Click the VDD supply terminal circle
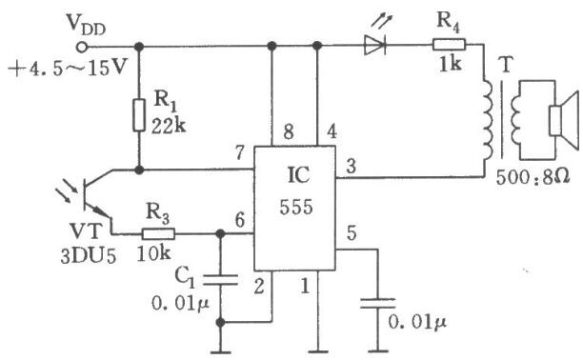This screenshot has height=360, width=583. (81, 48)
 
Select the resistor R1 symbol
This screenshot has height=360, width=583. (139, 115)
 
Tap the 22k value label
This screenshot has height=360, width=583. (169, 127)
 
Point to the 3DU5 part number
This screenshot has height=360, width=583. (89, 256)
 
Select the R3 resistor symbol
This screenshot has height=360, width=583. (158, 234)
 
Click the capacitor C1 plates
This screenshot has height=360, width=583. (220, 280)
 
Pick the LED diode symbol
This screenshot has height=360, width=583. (374, 46)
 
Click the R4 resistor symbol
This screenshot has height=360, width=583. (449, 45)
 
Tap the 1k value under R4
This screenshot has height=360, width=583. (451, 65)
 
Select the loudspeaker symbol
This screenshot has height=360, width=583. (564, 121)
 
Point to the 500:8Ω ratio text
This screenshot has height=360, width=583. (533, 177)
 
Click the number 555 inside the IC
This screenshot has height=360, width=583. (296, 208)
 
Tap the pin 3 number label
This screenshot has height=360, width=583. (351, 166)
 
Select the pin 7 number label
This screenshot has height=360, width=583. (240, 152)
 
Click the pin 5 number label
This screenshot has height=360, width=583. (352, 232)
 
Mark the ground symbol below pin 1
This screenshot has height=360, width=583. (317, 351)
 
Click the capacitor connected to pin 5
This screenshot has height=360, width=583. (378, 303)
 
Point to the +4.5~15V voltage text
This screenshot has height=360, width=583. (68, 69)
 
